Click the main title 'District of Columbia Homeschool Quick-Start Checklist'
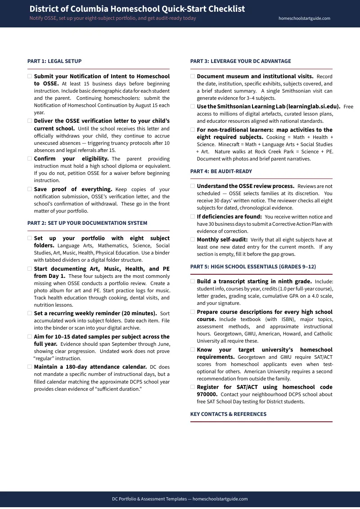pyautogui.click(x=137, y=9)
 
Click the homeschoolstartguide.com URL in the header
pyautogui.click(x=304, y=18)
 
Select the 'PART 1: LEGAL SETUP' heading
pyautogui.click(x=54, y=61)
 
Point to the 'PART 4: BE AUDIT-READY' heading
pyautogui.click(x=221, y=171)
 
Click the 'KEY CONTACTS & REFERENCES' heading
pyautogui.click(x=228, y=414)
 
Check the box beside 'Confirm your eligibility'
pyautogui.click(x=30, y=159)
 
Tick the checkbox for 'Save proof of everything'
pyautogui.click(x=30, y=189)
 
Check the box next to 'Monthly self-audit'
pyautogui.click(x=193, y=240)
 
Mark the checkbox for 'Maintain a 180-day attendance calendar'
pyautogui.click(x=30, y=367)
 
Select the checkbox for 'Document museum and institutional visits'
pyautogui.click(x=193, y=76)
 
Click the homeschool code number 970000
pyautogui.click(x=207, y=394)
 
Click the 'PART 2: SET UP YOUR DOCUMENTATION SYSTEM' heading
pyautogui.click(x=87, y=223)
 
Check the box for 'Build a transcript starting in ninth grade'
pyautogui.click(x=193, y=281)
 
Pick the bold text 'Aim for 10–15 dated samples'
pyautogui.click(x=76, y=336)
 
